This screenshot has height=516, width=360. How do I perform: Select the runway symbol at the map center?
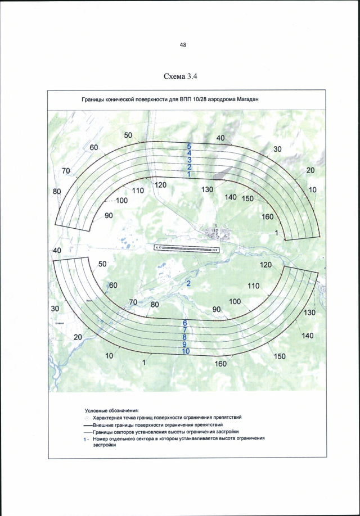point(185,247)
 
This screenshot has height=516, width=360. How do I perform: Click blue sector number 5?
point(190,146)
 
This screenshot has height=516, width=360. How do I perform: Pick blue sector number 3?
point(190,160)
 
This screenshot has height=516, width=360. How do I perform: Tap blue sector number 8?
point(184,337)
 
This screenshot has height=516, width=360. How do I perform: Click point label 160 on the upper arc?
point(268,217)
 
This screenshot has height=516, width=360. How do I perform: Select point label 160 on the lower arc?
point(220,364)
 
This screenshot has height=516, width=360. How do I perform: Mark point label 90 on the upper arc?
point(109,215)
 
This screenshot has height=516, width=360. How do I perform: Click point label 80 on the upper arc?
point(57,192)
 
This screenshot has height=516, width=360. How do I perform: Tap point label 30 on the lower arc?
point(55,309)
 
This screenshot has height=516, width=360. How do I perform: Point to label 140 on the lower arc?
point(307,336)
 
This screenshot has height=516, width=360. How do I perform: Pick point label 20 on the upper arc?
point(310,170)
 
